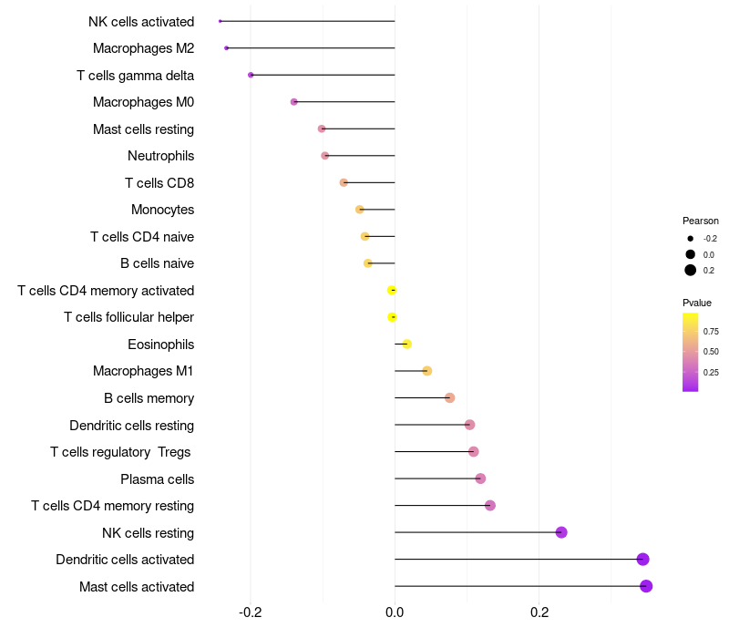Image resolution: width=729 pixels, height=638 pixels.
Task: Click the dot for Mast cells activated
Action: click(x=646, y=586)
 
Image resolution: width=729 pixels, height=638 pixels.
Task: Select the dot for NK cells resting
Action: click(x=561, y=532)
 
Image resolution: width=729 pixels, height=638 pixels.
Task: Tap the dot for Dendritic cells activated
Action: click(x=642, y=560)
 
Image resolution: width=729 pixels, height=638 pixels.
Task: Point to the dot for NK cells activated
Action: click(x=221, y=21)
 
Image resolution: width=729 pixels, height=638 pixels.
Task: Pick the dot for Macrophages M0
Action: click(x=293, y=102)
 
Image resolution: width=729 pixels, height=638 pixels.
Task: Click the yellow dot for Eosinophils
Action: click(x=406, y=344)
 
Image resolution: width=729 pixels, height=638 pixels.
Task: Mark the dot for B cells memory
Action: click(x=449, y=397)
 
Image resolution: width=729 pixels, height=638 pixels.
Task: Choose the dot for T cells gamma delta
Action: click(x=251, y=75)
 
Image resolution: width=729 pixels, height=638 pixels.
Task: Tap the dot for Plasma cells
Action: click(x=480, y=478)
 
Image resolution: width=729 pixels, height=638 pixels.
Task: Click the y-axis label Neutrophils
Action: click(x=160, y=156)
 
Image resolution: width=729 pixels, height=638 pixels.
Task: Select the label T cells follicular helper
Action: click(x=128, y=317)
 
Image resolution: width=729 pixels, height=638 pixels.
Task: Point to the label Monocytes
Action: click(x=162, y=210)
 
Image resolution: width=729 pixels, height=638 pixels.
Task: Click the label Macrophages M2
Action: click(x=143, y=48)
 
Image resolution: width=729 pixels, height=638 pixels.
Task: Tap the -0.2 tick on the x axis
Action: click(x=251, y=612)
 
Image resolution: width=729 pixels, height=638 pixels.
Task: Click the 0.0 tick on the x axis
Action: click(x=395, y=612)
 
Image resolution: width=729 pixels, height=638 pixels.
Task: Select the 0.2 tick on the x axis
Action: click(x=539, y=612)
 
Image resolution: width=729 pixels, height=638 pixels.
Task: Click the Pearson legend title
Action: click(x=700, y=221)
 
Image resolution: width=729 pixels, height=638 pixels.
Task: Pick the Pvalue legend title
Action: click(x=697, y=303)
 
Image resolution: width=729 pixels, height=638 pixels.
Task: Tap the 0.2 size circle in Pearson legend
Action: click(x=691, y=270)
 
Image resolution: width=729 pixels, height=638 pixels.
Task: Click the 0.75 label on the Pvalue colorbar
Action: click(x=711, y=332)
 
